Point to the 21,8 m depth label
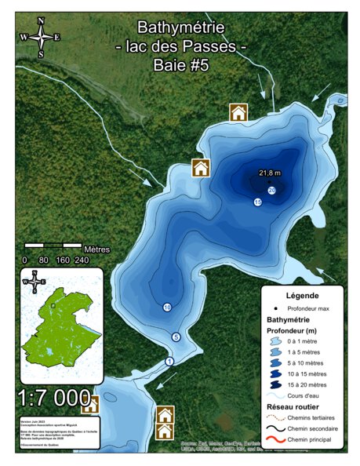pos(270,173)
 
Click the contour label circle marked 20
pos(272,191)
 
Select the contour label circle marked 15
pos(257,202)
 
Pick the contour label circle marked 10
pos(167,307)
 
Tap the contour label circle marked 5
pos(176,337)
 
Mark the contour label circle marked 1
pos(169,362)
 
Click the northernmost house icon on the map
pos(238,112)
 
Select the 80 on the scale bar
pos(44,260)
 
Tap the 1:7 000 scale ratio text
pos(53,398)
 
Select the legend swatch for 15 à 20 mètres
pos(278,384)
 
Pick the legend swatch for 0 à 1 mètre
pos(278,343)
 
